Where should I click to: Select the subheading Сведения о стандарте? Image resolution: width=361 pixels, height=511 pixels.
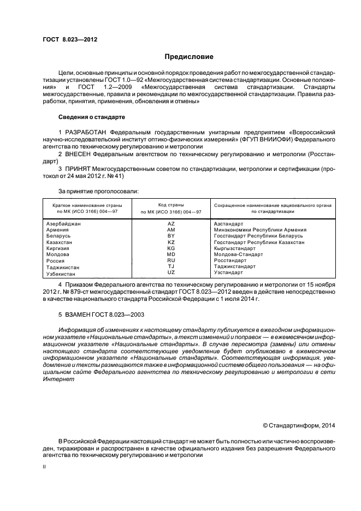point(91,117)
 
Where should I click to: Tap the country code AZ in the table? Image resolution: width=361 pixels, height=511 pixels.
point(171,224)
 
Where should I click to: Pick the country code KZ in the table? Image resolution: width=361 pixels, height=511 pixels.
point(171,242)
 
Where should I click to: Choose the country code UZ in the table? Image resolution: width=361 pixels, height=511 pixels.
point(171,272)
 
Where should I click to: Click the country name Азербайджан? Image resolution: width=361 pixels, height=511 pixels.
point(63,224)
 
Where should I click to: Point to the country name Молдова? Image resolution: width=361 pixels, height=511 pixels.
point(57,254)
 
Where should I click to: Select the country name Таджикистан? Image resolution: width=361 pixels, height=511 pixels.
point(62,267)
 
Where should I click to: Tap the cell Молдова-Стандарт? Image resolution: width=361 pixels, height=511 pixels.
point(239,254)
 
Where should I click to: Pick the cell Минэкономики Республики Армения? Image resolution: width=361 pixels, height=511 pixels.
point(260,230)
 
